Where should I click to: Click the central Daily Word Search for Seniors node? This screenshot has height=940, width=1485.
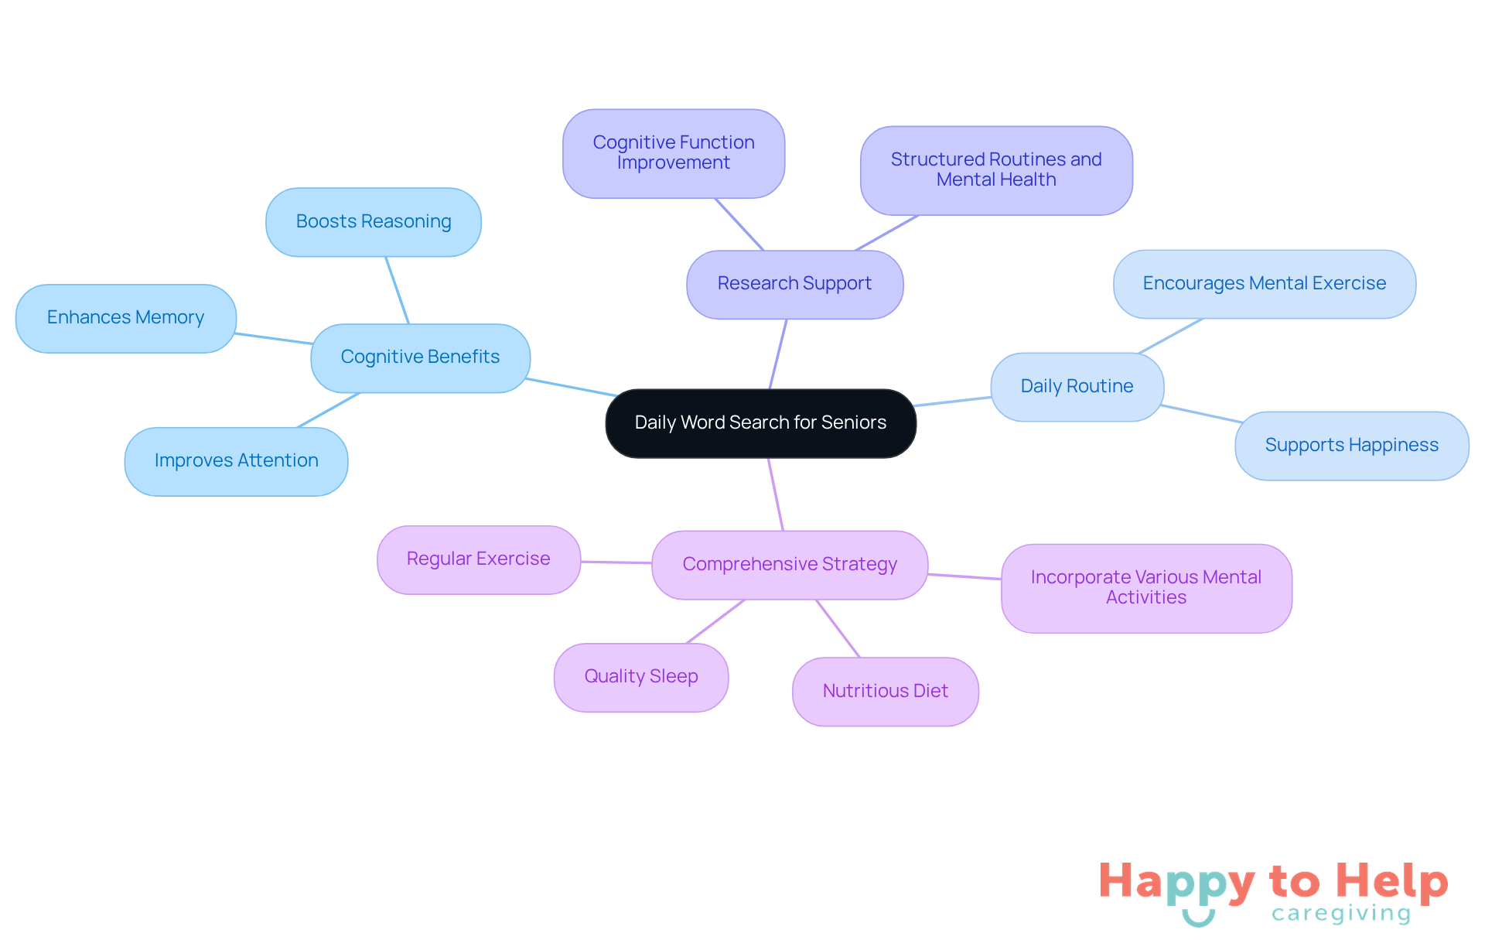pyautogui.click(x=760, y=423)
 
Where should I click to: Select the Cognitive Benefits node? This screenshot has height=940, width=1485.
pyautogui.click(x=420, y=357)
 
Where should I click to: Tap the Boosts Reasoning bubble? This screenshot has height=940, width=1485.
pyautogui.click(x=374, y=222)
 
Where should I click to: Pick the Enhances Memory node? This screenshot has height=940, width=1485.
pyautogui.click(x=125, y=318)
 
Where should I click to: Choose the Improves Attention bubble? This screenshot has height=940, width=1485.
pyautogui.click(x=236, y=461)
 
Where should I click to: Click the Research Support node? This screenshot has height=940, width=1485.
pyautogui.click(x=794, y=284)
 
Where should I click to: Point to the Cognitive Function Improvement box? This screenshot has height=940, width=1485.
pyautogui.click(x=673, y=153)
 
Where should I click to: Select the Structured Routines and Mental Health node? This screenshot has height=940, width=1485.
pyautogui.click(x=996, y=170)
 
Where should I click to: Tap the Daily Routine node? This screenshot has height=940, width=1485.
pyautogui.click(x=1077, y=387)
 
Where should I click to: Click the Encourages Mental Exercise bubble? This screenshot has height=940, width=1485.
pyautogui.click(x=1264, y=284)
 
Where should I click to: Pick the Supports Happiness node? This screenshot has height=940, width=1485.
pyautogui.click(x=1351, y=446)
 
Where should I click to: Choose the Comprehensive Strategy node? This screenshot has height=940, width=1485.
pyautogui.click(x=790, y=565)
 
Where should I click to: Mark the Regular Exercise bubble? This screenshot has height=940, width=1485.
pyautogui.click(x=478, y=559)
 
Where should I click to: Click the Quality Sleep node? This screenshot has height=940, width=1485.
pyautogui.click(x=641, y=677)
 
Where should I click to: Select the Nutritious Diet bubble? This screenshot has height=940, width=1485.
pyautogui.click(x=885, y=692)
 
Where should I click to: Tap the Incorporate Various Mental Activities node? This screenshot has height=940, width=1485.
pyautogui.click(x=1145, y=588)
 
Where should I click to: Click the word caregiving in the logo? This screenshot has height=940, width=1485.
pyautogui.click(x=1341, y=914)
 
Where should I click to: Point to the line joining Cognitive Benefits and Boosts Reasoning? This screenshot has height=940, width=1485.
pyautogui.click(x=397, y=290)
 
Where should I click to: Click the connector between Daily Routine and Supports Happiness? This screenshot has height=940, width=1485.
pyautogui.click(x=1201, y=414)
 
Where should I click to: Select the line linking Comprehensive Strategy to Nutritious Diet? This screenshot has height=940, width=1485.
pyautogui.click(x=838, y=628)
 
